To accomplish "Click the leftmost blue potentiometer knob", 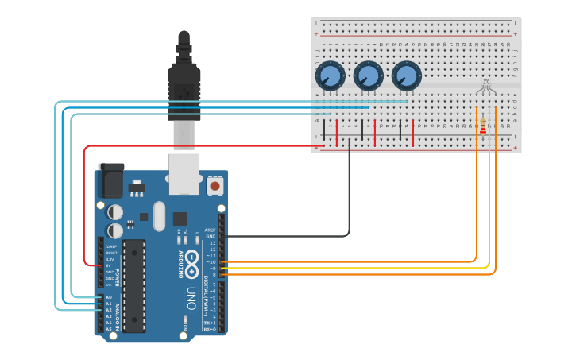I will pos(329,77).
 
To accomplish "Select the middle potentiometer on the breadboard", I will pos(367,77).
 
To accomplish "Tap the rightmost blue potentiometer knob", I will pos(405,77).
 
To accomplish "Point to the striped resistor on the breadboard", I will pos(482,126).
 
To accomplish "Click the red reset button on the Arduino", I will pos(215,186).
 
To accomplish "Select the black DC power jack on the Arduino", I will pos(110,180).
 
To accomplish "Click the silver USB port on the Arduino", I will pos(184,174).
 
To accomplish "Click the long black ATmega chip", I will pos(134,285).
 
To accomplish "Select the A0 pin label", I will pos(109,297).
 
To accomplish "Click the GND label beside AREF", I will pos(211,236).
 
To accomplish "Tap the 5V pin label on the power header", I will pos(109,265).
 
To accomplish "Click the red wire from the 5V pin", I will pos(84,199).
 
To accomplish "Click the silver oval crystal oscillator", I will pos(159,215).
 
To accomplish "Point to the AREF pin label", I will pos(210,230).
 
